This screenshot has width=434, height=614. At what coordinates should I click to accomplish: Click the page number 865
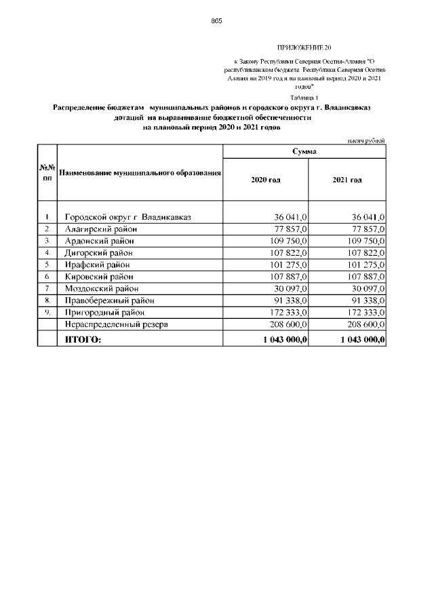pos(216,21)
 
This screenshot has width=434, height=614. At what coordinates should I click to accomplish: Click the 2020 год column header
pos(266,180)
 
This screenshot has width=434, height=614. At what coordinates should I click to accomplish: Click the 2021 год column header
pos(347,180)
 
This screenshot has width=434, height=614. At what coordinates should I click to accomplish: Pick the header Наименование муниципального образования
pos(140,174)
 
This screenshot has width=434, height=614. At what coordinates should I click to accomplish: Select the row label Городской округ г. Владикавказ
pos(127,217)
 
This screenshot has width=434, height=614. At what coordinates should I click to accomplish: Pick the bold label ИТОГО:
pos(82,339)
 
